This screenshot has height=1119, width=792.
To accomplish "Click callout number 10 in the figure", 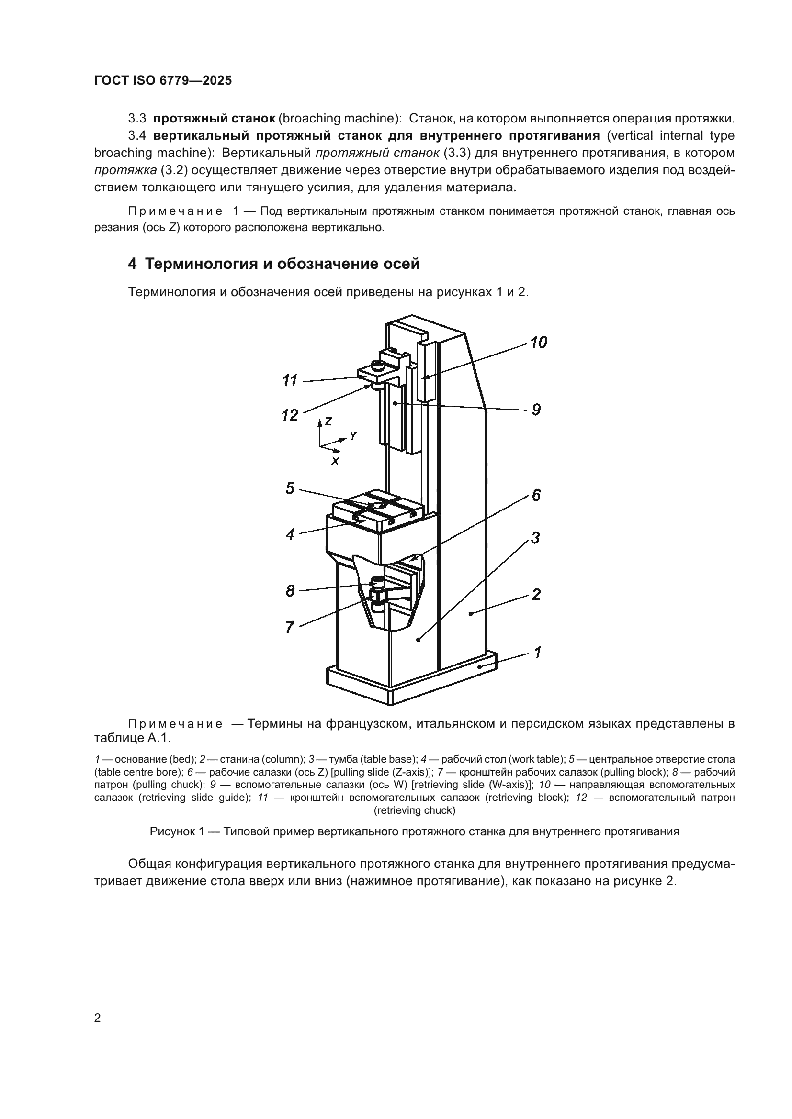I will pos(538,343).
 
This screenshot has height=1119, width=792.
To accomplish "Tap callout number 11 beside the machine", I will pos(290,381).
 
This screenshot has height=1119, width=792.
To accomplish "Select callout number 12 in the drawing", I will pos(290,415).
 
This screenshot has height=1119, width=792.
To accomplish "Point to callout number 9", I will pos(536,410).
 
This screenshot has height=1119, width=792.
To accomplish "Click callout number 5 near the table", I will pos(290,488).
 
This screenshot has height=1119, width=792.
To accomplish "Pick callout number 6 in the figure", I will pos(536,495).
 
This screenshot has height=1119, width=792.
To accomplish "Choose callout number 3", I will pos(535,539).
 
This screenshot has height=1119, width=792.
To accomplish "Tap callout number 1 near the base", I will pos(537,653).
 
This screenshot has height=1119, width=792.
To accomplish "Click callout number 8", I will pos(290,591).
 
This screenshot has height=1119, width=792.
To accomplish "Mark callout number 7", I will pos(290,627).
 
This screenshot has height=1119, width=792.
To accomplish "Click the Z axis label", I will pos(328,421).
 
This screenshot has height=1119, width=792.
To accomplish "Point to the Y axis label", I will pos(353,436).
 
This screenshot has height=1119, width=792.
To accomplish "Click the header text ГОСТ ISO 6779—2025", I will pos(163,81).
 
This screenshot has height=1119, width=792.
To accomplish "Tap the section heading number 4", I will pos(132,264).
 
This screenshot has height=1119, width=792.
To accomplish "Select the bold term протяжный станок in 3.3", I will pos(214,119).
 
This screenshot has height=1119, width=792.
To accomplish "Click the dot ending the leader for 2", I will pos(471,614).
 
